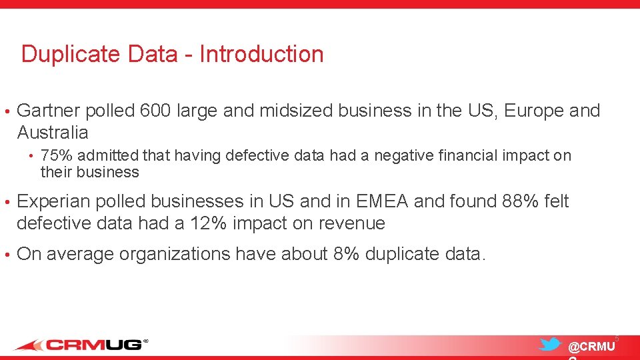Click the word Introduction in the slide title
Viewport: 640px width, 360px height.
(x=261, y=54)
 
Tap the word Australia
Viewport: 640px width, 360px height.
(x=53, y=132)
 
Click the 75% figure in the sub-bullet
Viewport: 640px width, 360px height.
(x=53, y=156)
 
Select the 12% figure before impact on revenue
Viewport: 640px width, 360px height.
(x=207, y=223)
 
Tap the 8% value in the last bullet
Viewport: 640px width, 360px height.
(x=345, y=254)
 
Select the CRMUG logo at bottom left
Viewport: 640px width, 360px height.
(x=81, y=345)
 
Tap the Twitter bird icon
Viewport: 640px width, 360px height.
(x=550, y=345)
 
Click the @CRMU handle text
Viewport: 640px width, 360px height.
(x=591, y=347)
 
